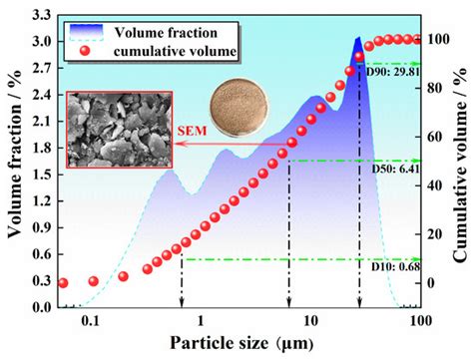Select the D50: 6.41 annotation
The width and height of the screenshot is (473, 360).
(392, 171)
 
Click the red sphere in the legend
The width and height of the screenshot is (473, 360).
(84, 50)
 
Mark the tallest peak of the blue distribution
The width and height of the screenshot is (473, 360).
(357, 39)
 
